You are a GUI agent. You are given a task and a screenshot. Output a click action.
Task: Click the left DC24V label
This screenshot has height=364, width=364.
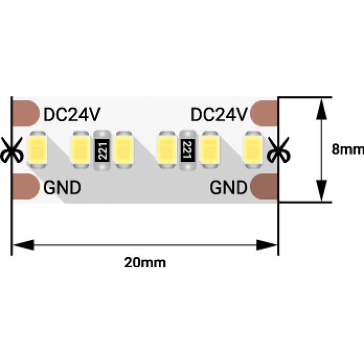[x=72, y=114]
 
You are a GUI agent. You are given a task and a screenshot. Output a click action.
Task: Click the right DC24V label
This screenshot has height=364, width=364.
[x=219, y=114]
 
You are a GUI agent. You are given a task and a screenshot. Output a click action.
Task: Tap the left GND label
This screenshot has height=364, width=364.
[x=62, y=188]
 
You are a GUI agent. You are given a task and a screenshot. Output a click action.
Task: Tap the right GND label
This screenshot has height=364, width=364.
[x=228, y=188]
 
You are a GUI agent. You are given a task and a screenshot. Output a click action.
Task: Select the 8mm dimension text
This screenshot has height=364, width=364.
[x=348, y=149]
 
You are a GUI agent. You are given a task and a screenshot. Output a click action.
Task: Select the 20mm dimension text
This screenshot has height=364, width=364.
[x=145, y=263]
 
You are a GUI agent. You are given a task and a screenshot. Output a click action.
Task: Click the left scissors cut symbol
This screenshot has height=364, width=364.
[x=11, y=150]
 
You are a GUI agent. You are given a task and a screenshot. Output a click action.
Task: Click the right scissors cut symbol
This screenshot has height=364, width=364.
[x=278, y=150]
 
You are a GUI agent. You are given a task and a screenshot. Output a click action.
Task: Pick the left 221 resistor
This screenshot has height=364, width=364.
[x=102, y=150]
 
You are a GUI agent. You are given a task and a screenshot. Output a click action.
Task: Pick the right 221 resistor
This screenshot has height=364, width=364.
[x=188, y=150]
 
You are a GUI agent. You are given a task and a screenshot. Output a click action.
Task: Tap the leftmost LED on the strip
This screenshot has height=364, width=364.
[x=37, y=150]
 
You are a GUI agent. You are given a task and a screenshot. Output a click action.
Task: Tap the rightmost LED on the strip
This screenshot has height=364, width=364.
[x=253, y=150]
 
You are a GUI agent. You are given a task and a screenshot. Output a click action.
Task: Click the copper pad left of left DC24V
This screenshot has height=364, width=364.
[x=26, y=113]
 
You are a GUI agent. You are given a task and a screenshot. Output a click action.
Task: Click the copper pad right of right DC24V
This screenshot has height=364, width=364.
[x=264, y=113]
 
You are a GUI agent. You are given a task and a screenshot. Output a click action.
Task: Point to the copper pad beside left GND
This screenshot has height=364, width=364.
[x=26, y=186]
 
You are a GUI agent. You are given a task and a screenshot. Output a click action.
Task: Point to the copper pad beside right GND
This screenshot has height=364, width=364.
[x=264, y=186]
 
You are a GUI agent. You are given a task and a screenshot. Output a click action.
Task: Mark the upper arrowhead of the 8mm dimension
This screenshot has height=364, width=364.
[x=321, y=109]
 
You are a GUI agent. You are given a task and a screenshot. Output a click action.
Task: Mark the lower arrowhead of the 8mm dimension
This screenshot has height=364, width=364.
[x=321, y=190]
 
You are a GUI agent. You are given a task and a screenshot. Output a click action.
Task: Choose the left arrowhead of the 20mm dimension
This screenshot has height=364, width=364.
[x=23, y=245]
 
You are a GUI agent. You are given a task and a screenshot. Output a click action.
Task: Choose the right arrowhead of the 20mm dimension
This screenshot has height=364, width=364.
[x=267, y=245]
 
